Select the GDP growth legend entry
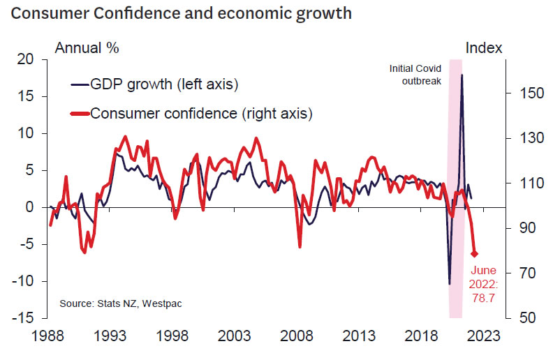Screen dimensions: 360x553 tap(155, 84)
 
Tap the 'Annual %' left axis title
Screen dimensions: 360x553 tap(87, 48)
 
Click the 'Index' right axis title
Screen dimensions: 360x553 tap(484, 48)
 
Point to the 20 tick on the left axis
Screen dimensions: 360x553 tap(26, 60)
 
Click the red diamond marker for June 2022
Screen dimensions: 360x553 tap(475, 253)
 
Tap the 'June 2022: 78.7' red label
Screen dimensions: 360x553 tap(484, 284)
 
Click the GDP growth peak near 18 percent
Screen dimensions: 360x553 tap(462, 75)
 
